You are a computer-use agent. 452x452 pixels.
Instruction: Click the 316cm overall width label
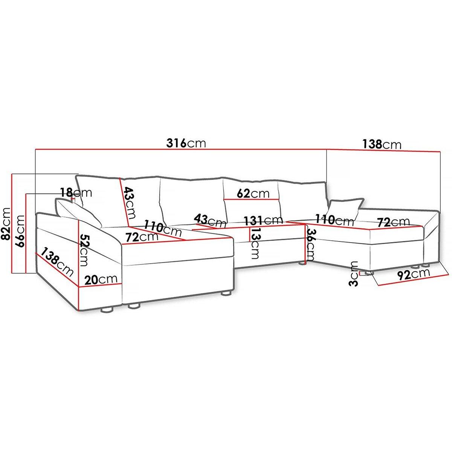(x=186, y=143)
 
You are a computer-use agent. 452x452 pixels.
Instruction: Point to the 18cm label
(x=76, y=192)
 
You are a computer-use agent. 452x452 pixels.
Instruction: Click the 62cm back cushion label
(x=253, y=194)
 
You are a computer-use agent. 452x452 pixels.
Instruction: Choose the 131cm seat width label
(x=263, y=220)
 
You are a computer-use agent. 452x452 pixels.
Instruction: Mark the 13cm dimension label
(x=254, y=243)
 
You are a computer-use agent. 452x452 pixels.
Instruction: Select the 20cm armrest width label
(x=101, y=279)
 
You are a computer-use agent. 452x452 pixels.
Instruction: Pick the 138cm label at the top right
(x=382, y=144)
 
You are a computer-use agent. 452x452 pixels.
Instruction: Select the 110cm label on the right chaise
(x=334, y=220)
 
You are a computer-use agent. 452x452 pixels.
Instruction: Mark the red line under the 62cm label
(x=251, y=199)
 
